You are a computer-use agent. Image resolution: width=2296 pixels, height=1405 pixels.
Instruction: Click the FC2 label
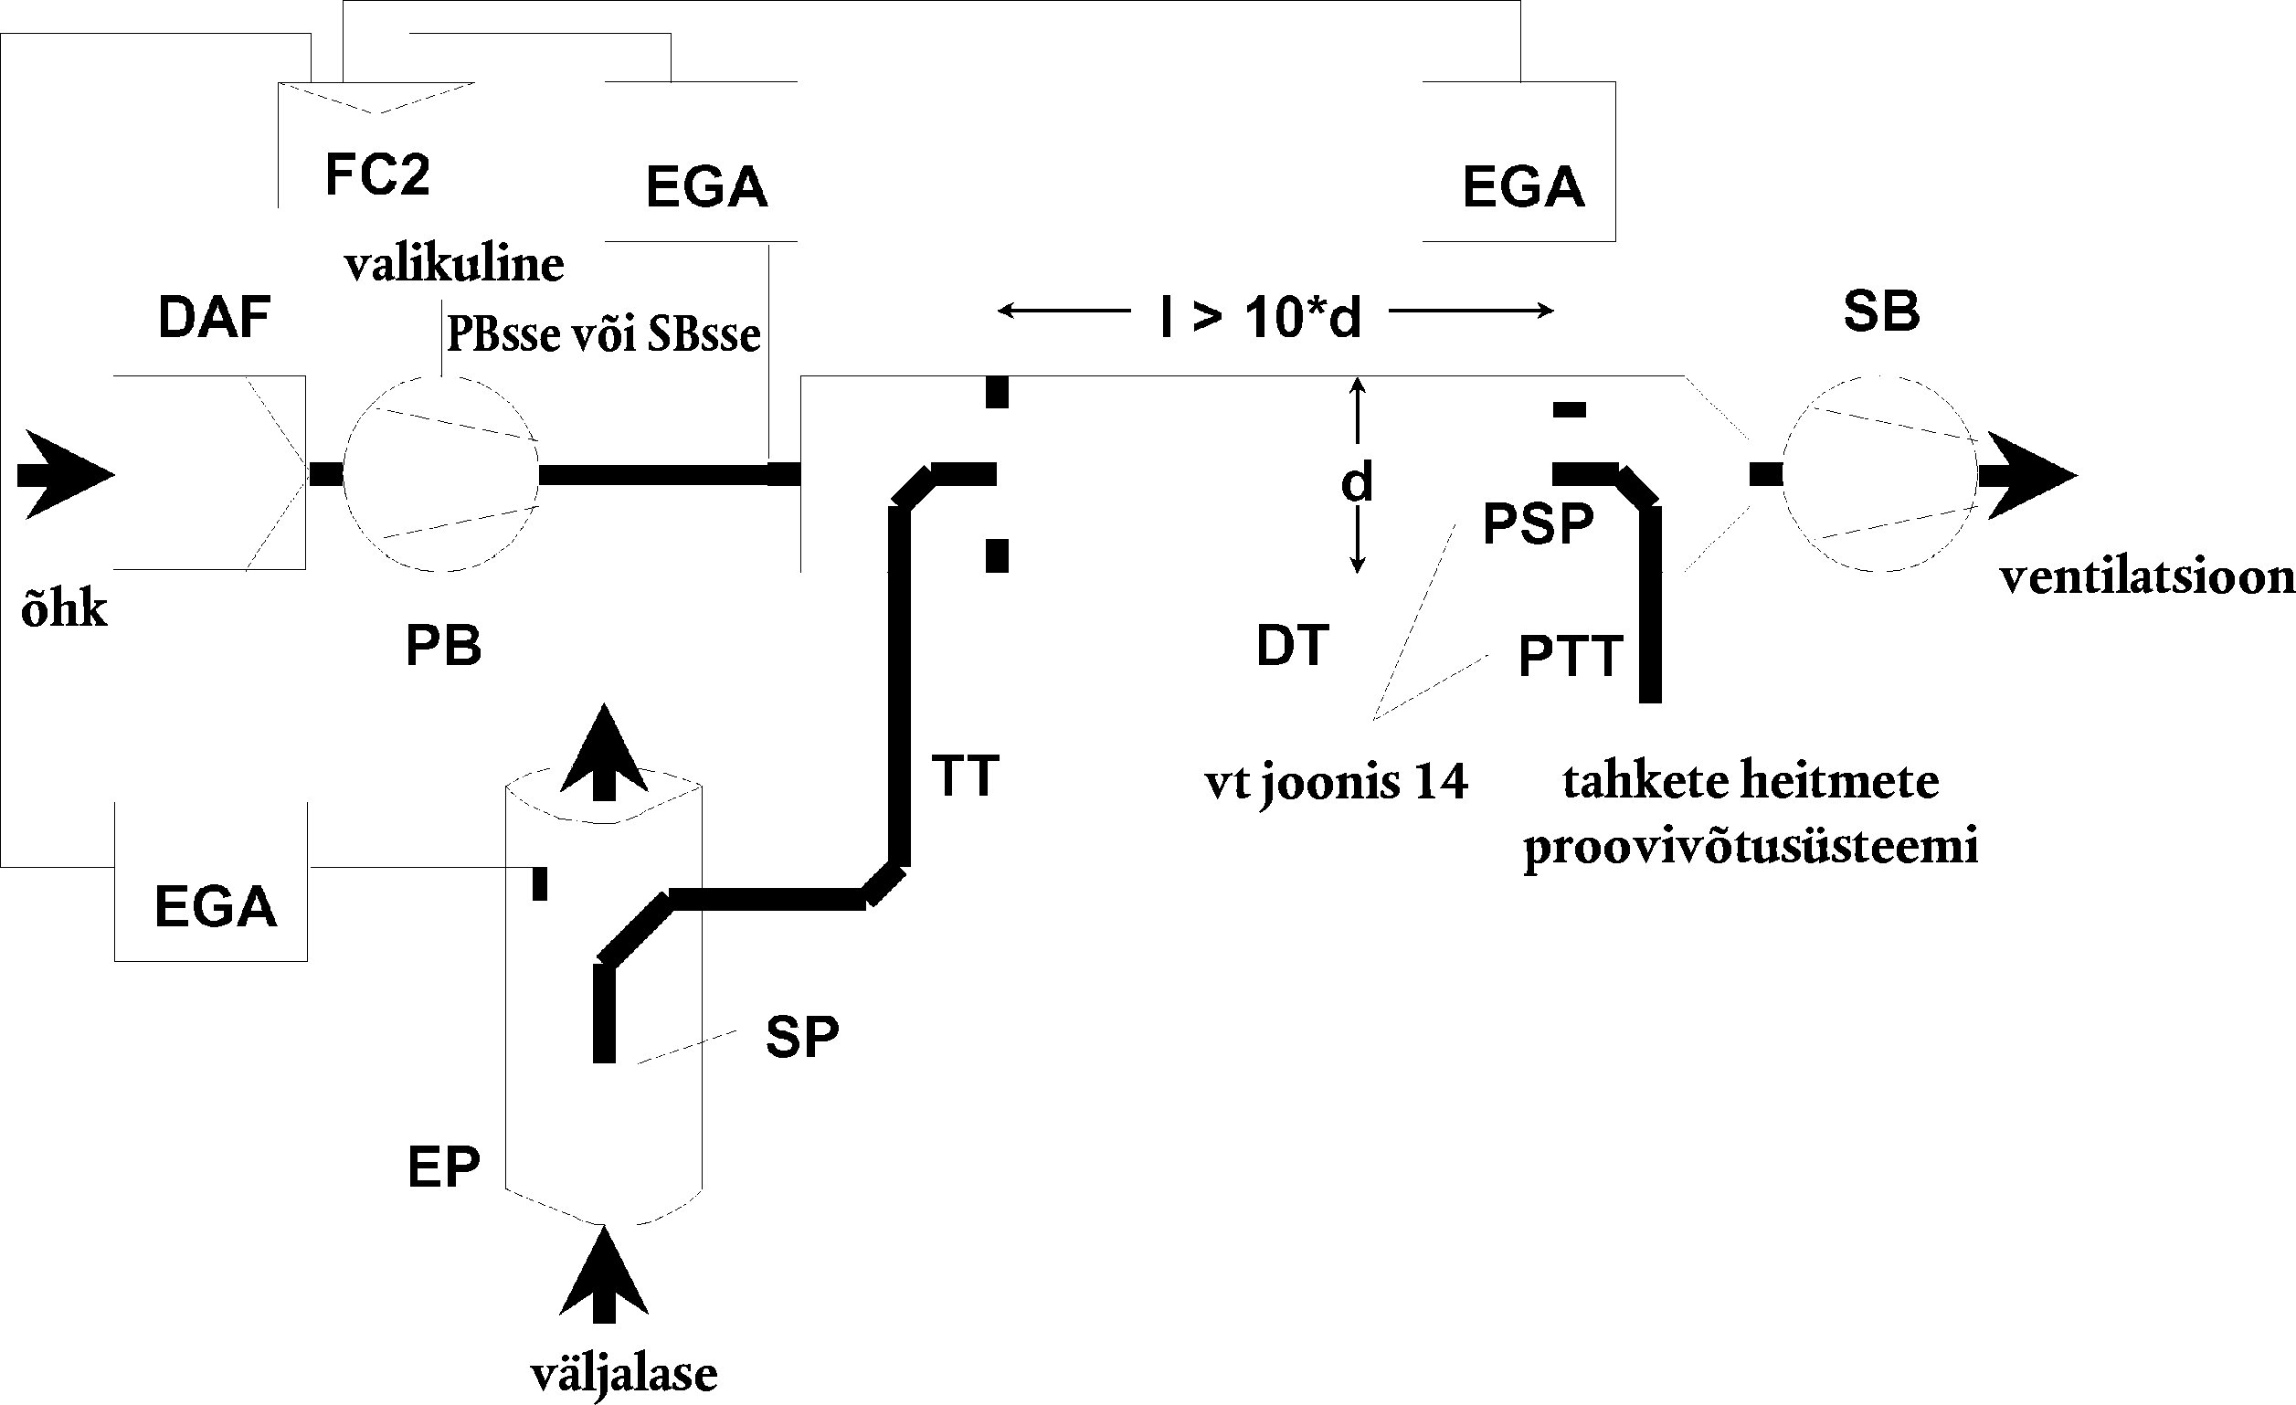[377, 174]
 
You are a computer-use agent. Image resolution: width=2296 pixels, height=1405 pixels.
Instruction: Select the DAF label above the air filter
[215, 318]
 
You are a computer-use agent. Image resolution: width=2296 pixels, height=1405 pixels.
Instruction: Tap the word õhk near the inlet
[64, 611]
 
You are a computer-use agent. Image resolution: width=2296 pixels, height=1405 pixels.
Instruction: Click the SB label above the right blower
[1881, 312]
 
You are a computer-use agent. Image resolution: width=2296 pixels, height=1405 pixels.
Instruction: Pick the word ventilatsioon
[2147, 577]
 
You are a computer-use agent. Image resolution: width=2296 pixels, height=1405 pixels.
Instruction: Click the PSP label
[1539, 523]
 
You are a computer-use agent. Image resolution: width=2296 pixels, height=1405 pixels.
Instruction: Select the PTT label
[1571, 656]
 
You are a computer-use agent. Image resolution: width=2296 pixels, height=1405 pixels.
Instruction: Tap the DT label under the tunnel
[1293, 646]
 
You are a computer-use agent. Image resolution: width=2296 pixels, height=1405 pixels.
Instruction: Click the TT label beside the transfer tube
[966, 776]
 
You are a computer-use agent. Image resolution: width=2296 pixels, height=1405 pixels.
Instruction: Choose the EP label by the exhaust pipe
[443, 1166]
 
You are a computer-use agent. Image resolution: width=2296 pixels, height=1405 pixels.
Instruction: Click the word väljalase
[624, 1375]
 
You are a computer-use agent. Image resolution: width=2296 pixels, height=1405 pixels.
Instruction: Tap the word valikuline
[455, 265]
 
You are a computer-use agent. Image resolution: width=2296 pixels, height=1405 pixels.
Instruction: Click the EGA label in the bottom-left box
[216, 906]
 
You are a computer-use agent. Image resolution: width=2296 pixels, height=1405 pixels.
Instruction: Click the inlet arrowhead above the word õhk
[66, 474]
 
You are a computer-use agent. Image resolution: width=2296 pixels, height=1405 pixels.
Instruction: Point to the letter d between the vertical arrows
[1357, 482]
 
